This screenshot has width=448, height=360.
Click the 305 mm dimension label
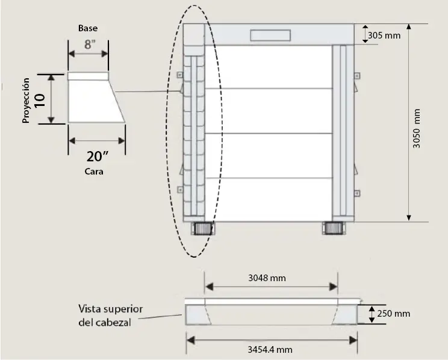(384, 36)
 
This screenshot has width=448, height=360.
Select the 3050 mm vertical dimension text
(417, 128)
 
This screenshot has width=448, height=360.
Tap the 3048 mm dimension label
(267, 278)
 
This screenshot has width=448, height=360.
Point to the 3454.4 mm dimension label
(270, 349)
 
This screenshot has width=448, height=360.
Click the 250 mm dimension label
(393, 314)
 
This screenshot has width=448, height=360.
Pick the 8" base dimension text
(90, 45)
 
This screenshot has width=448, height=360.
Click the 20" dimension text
(98, 157)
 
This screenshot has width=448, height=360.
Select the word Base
(88, 28)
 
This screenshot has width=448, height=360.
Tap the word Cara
(94, 172)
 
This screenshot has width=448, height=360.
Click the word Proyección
(26, 101)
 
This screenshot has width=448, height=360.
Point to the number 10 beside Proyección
(40, 101)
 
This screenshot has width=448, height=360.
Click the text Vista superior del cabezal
(110, 315)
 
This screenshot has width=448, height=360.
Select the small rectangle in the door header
(270, 35)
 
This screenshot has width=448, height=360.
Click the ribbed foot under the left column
(202, 228)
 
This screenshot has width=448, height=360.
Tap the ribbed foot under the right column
(334, 228)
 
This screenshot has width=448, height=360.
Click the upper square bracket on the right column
(357, 76)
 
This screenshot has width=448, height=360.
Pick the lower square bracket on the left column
(180, 190)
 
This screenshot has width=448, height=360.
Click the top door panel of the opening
(269, 67)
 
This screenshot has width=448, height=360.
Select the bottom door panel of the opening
(269, 199)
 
